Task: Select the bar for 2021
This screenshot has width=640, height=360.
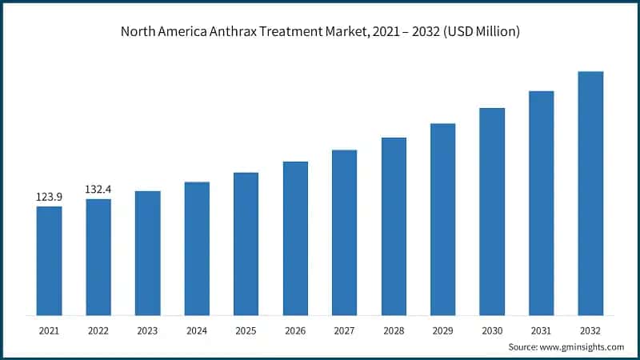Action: (x=49, y=260)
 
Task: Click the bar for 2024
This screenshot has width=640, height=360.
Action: (x=197, y=248)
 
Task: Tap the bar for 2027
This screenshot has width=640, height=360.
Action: (x=344, y=232)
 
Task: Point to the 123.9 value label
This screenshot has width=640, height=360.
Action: (x=49, y=196)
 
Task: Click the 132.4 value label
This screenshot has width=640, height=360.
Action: (x=98, y=189)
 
